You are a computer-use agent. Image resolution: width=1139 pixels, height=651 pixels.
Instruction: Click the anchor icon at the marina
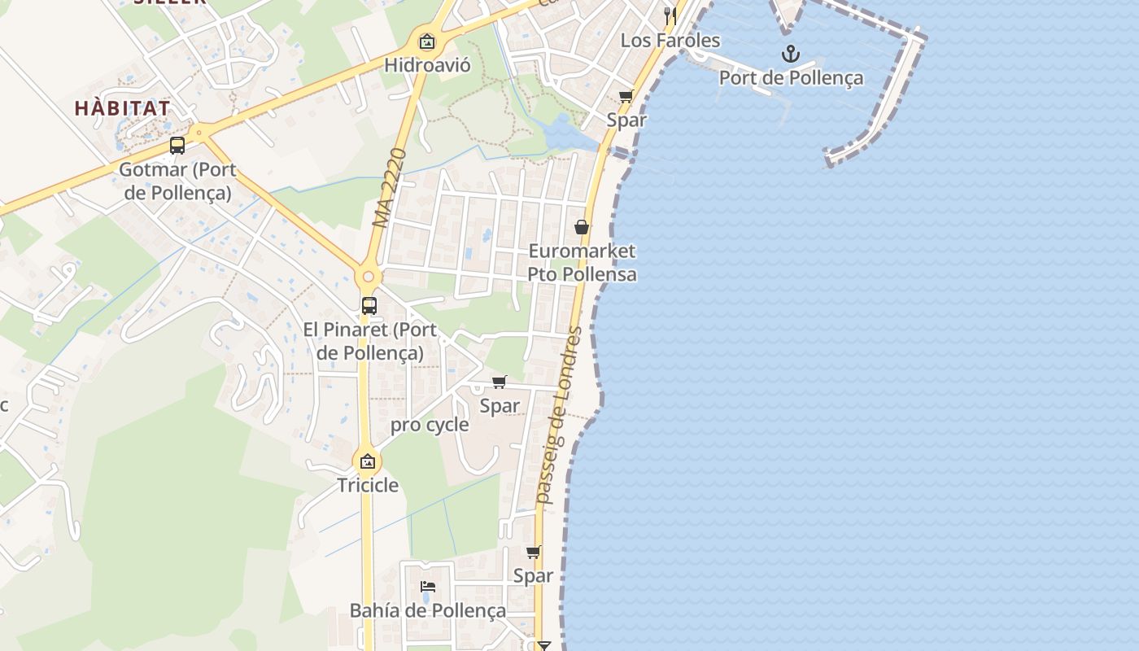790,55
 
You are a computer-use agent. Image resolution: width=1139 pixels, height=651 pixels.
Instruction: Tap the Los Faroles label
670,40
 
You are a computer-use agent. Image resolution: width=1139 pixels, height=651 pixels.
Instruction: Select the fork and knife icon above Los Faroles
670,15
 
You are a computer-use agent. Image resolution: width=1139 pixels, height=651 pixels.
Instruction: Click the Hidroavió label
427,65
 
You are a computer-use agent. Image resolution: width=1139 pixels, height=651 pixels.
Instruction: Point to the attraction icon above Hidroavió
427,42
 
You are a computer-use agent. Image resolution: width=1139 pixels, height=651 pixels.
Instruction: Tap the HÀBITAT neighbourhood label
123,108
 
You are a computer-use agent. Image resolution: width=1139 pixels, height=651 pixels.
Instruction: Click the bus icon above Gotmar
177,146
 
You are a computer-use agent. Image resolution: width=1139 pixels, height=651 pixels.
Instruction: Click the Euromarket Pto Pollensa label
582,262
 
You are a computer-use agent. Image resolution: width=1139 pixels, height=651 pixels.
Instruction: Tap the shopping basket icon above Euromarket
582,227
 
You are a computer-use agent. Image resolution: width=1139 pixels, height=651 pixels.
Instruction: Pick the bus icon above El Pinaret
369,306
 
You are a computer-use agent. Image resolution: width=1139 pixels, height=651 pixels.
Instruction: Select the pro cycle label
430,425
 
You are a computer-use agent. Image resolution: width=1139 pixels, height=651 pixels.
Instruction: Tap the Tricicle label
369,486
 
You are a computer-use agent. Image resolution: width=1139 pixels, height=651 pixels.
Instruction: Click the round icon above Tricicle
368,461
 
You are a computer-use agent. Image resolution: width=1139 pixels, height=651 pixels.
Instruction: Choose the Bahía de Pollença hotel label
428,610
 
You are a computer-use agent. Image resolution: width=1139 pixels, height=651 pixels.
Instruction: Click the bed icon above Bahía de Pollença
428,587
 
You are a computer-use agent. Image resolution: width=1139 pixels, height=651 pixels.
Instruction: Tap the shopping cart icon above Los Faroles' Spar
626,97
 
